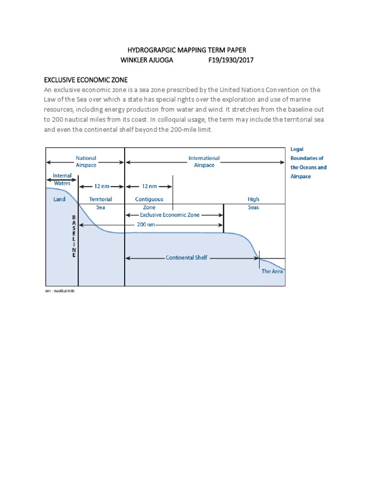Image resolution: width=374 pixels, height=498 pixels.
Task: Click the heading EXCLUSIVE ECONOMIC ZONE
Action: pos(86,80)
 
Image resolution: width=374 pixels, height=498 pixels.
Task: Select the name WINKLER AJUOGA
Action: pos(149,60)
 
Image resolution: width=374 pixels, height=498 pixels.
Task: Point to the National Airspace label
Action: pos(86,161)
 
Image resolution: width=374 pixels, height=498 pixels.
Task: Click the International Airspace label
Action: pos(204,161)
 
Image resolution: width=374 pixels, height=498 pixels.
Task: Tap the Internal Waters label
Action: pos(62,179)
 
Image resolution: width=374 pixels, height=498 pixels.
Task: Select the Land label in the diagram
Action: pos(59,199)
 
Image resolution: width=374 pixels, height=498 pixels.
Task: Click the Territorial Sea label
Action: pos(101,203)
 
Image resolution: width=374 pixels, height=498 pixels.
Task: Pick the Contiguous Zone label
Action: pos(149,203)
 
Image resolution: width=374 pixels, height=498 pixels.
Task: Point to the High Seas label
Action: pos(253,203)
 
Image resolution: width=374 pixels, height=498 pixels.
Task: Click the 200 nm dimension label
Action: pos(147,225)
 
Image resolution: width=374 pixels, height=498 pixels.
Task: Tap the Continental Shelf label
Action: pos(187,258)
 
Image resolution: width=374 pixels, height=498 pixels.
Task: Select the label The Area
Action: pos(272,271)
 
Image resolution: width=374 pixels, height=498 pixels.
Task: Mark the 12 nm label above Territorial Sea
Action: pos(101,186)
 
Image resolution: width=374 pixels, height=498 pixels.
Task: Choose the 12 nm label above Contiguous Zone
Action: pos(149,186)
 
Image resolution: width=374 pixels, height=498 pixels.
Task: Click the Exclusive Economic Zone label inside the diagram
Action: pos(169,214)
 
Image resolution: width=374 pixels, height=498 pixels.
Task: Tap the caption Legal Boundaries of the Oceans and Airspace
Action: pos(308,163)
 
